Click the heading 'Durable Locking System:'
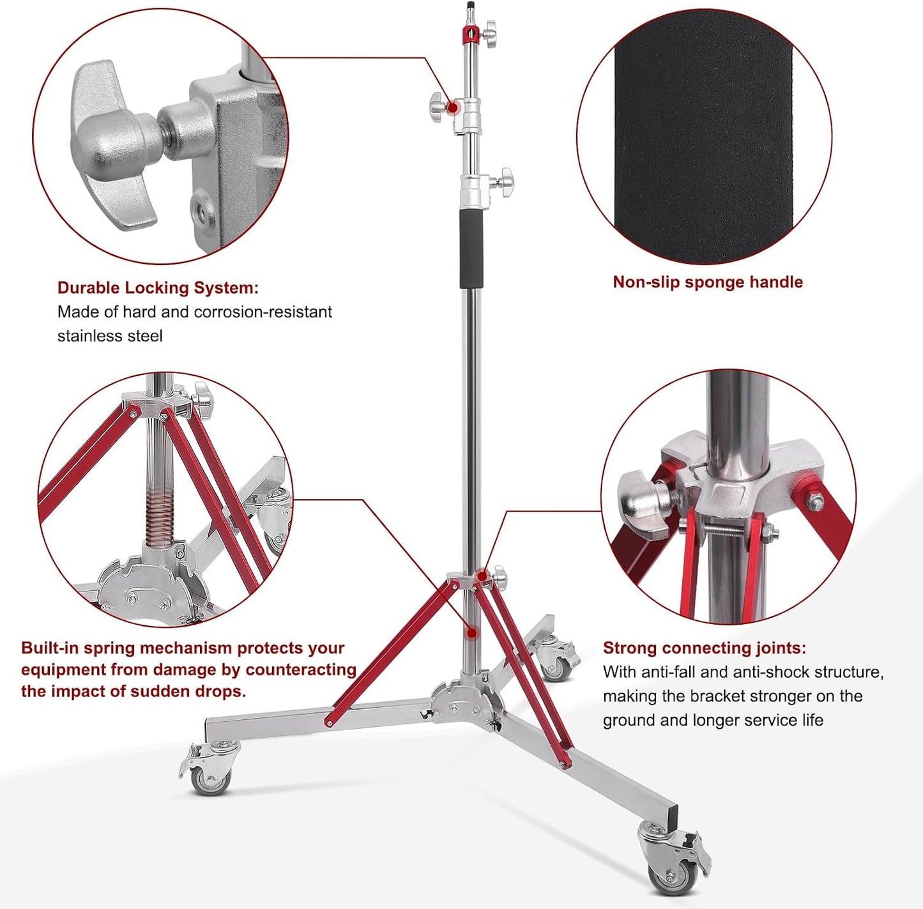[158, 288]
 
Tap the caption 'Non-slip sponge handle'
[708, 282]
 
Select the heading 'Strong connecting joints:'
[705, 648]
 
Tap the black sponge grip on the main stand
[472, 248]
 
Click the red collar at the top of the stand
[470, 34]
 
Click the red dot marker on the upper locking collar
[453, 108]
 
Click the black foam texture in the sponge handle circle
[703, 137]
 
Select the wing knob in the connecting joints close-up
[646, 503]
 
